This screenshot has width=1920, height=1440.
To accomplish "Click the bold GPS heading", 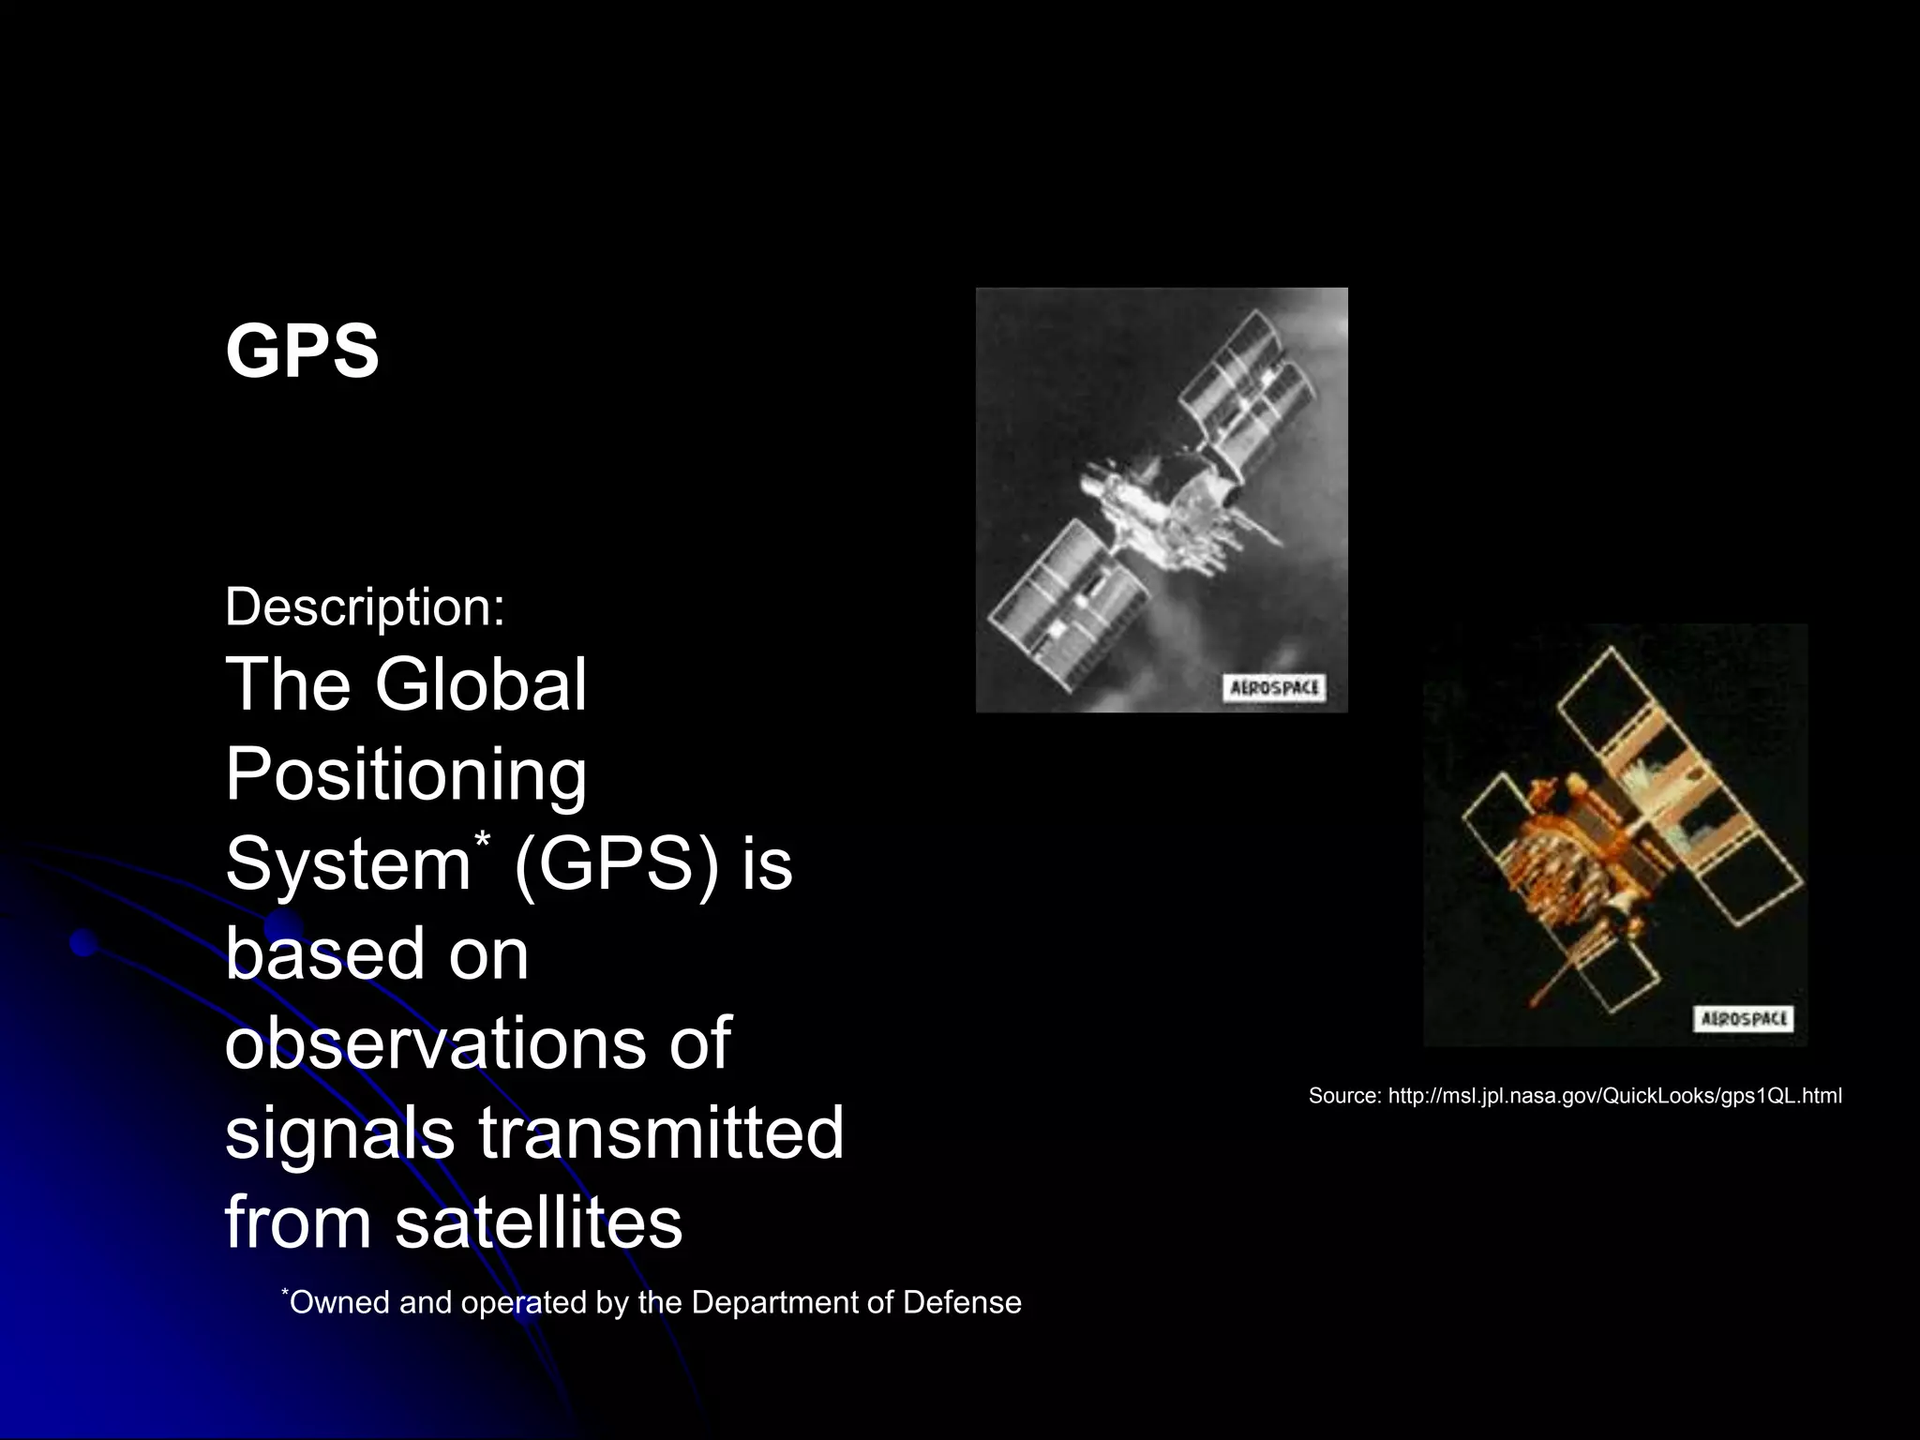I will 302,352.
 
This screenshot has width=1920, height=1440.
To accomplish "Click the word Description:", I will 365,607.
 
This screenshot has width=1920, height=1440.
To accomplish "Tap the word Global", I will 480,684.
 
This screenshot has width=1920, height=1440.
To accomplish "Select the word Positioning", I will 405,776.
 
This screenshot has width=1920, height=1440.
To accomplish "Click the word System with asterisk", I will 352,863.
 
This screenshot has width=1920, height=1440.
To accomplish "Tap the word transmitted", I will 661,1132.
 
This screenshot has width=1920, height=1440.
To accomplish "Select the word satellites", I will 538,1222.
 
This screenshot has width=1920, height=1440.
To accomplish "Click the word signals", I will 338,1132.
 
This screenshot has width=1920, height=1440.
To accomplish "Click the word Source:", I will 1344,1096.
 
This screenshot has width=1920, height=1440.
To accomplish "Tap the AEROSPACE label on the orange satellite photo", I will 1743,1019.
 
